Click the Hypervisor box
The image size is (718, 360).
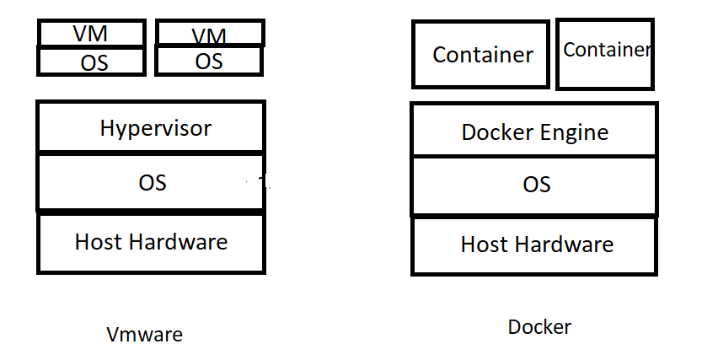click(x=151, y=128)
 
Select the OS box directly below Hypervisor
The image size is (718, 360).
click(x=151, y=182)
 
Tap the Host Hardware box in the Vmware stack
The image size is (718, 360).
click(x=151, y=243)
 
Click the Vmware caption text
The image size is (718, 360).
click(x=144, y=335)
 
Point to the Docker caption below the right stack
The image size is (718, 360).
click(x=539, y=327)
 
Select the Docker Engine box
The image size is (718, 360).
click(x=534, y=132)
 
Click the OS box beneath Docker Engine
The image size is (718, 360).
click(x=534, y=185)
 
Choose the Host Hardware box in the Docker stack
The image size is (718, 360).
click(x=534, y=245)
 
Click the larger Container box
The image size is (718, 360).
click(x=481, y=55)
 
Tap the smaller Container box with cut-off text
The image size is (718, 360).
click(x=605, y=53)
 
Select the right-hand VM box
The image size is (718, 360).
click(x=210, y=35)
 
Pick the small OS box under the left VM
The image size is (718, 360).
click(x=94, y=62)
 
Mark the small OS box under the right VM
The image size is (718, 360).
click(x=210, y=61)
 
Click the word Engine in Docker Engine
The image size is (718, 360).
click(x=574, y=133)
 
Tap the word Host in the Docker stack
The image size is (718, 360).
click(x=484, y=245)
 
